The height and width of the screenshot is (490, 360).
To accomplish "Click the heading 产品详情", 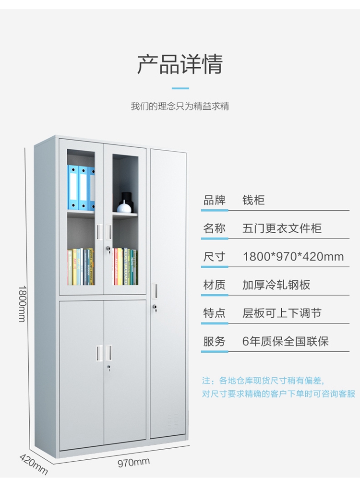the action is [180, 65].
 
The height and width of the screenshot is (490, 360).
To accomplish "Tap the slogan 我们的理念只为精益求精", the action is [180, 106].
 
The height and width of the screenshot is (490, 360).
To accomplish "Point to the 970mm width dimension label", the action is [134, 462].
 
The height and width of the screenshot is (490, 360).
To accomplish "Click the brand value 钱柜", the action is [253, 200].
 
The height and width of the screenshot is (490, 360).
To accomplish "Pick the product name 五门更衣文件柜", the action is [282, 228].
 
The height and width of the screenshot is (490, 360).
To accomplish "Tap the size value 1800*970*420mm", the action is [293, 257].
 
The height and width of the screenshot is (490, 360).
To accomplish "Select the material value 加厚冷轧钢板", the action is [276, 285].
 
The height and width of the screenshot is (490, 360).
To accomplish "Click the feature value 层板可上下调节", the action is [282, 313].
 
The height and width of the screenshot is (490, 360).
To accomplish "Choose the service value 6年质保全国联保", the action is [286, 342].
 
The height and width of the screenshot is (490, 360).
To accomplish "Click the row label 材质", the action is [214, 285].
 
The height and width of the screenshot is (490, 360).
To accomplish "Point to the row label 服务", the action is [214, 342].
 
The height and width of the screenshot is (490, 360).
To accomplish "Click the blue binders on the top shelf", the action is [81, 188].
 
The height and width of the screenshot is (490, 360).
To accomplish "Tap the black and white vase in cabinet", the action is [124, 204].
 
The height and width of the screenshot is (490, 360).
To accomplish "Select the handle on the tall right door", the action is [154, 290].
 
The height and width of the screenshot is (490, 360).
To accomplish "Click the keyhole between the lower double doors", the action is [109, 368].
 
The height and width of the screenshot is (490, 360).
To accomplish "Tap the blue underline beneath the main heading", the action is [180, 88].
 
